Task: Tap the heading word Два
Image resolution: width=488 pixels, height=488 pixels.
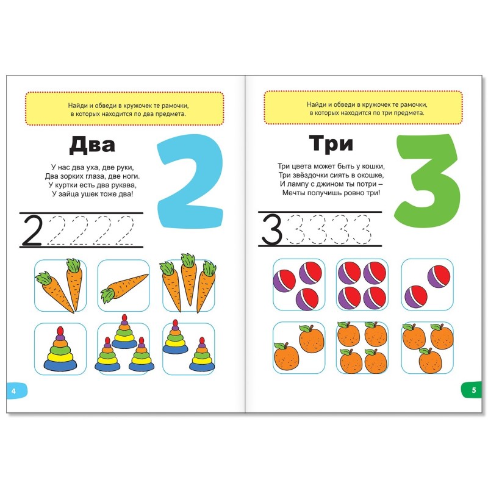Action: click(x=92, y=145)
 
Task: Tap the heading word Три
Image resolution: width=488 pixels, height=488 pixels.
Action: click(x=331, y=144)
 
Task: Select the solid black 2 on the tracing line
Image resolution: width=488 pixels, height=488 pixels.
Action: click(x=32, y=231)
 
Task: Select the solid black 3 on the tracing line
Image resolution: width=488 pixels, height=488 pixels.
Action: click(x=271, y=230)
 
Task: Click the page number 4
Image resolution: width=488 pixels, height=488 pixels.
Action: click(x=13, y=391)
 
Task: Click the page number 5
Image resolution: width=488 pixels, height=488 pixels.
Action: click(x=474, y=390)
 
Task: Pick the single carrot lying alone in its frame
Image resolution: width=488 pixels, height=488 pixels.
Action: click(x=124, y=287)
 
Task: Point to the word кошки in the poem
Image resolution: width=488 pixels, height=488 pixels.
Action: click(x=375, y=166)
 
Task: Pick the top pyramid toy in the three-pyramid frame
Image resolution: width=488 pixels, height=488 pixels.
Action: click(x=124, y=332)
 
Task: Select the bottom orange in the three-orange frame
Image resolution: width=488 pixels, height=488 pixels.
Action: click(x=431, y=361)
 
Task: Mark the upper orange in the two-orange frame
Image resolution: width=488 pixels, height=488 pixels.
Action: click(x=312, y=339)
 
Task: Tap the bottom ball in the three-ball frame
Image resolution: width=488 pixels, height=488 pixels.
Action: click(x=307, y=299)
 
